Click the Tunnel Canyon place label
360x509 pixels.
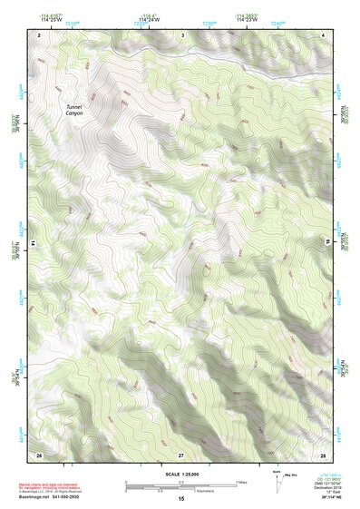point(73,110)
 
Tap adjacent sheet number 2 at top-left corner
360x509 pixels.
point(39,34)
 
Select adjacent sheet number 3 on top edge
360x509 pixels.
point(182,34)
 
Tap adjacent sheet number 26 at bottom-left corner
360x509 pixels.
point(39,453)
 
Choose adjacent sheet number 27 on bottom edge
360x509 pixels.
point(181,453)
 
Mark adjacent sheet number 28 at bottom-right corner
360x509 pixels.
point(323,453)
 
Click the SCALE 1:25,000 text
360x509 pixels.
point(182,475)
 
